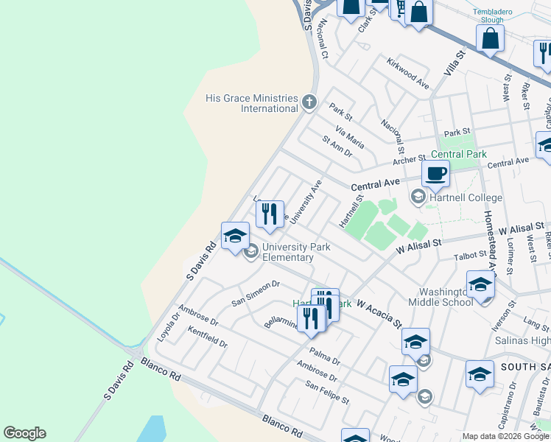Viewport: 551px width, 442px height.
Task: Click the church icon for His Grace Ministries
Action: coord(309,102)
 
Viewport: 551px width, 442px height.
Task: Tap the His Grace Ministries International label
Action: coord(251,103)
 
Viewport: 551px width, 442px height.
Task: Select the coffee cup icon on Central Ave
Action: coord(435,174)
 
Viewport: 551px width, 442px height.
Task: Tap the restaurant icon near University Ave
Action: coord(270,214)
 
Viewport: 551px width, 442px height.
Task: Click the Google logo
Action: coord(24,433)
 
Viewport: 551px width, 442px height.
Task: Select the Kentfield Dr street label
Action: coord(208,338)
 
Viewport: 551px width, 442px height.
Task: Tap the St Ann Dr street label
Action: coord(338,146)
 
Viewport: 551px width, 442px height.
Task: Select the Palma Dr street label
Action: coord(325,357)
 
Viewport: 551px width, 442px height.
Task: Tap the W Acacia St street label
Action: coord(379,312)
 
